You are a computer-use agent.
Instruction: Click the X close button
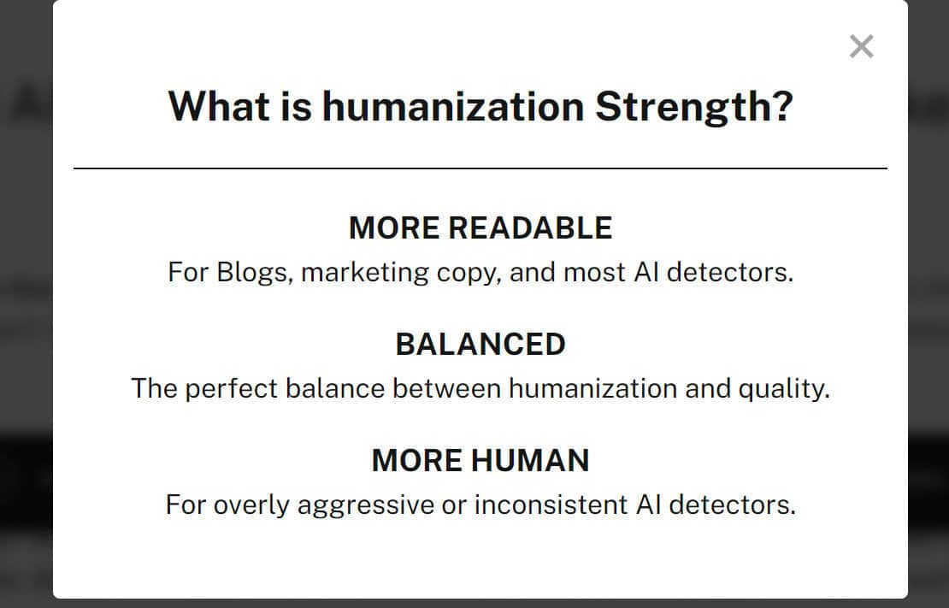(x=861, y=46)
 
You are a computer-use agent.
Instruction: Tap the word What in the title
(x=219, y=107)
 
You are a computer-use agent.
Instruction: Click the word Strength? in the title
(x=693, y=107)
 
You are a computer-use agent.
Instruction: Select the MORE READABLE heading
(x=480, y=228)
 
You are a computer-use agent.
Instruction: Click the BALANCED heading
(x=480, y=345)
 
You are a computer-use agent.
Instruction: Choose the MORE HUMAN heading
(x=480, y=461)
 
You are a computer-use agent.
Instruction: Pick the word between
(x=445, y=389)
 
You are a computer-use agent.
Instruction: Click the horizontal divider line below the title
(x=480, y=168)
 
